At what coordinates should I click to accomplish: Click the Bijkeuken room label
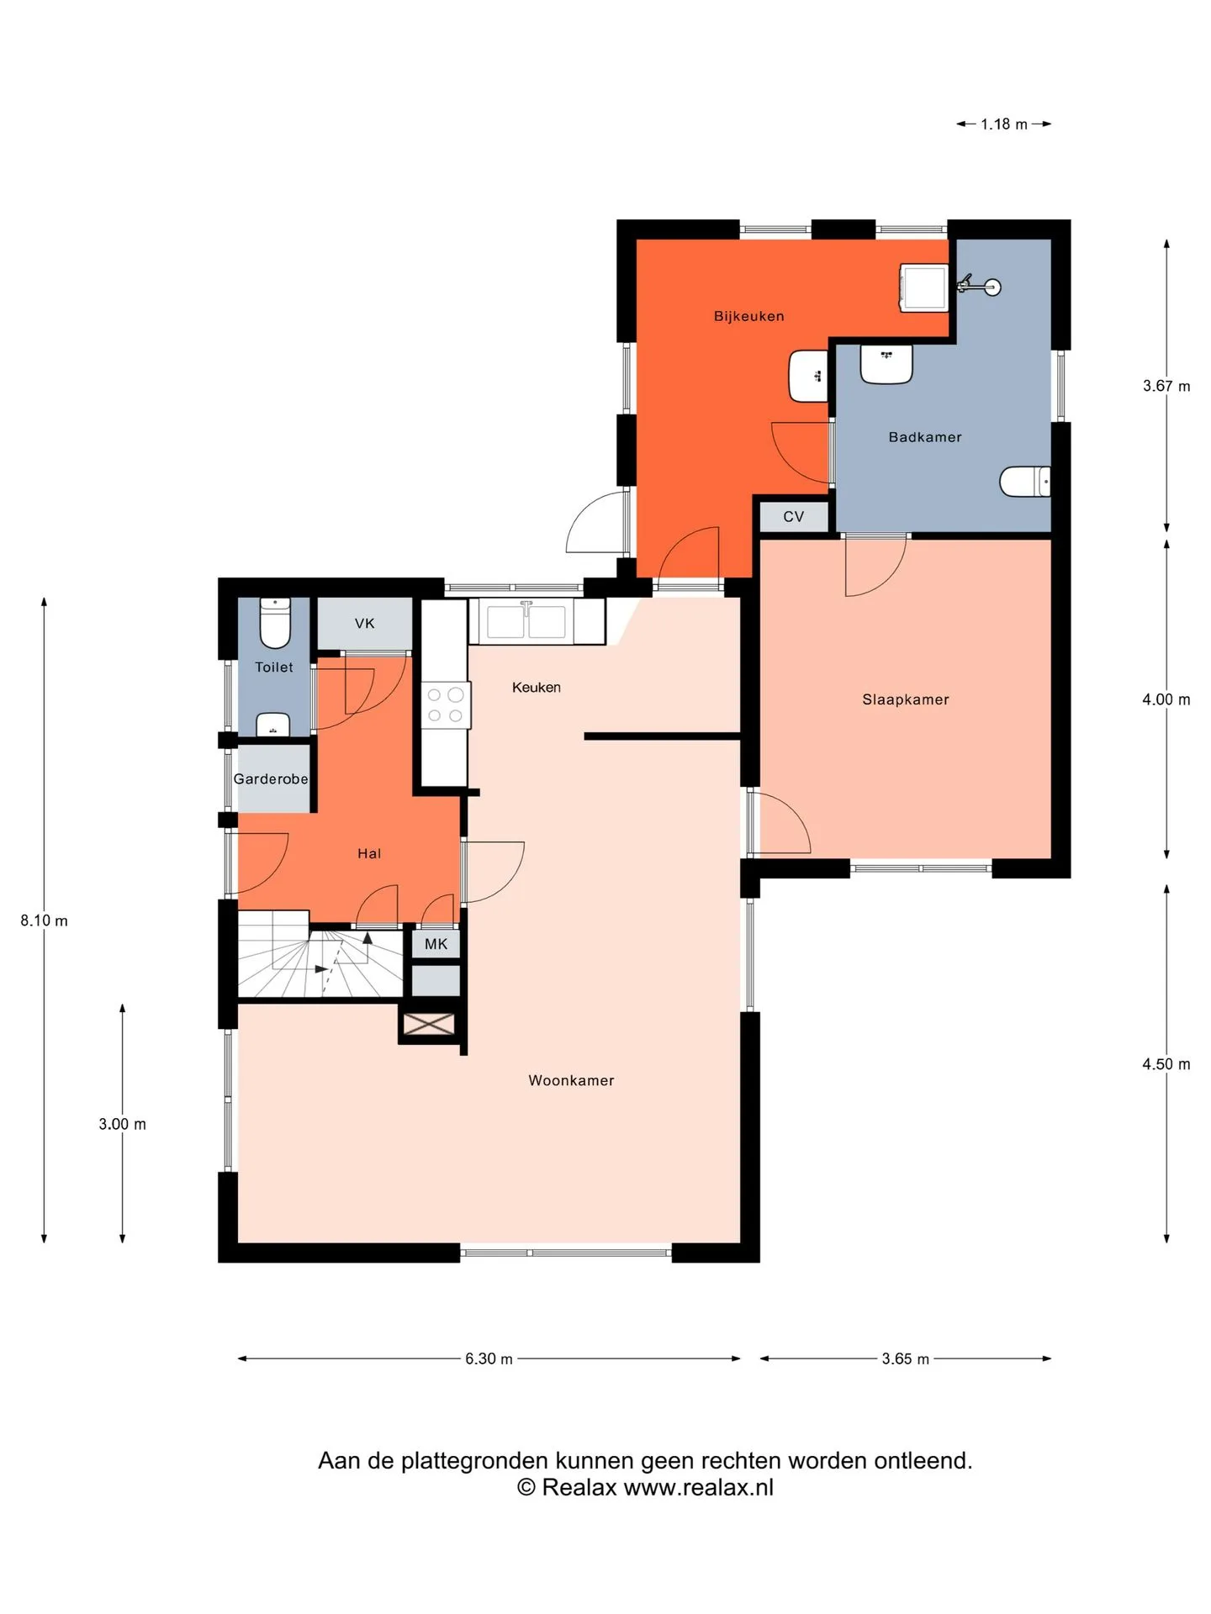pos(748,316)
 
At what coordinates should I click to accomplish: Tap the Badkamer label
pos(925,437)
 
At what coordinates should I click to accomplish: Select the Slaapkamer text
pos(906,699)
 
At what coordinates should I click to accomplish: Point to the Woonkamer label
pos(571,1080)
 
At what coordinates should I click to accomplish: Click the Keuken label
pos(537,688)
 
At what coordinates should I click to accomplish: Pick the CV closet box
pos(794,516)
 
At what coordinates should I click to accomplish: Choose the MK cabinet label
pos(436,944)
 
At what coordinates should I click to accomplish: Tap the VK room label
pos(364,624)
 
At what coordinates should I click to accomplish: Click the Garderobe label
pos(271,779)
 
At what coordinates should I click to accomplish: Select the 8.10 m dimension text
pos(45,920)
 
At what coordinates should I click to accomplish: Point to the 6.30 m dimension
pos(489,1359)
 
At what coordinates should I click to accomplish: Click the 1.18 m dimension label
pos(1004,124)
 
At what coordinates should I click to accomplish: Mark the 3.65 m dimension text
pos(906,1359)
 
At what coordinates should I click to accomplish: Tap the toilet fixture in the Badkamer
pos(1025,482)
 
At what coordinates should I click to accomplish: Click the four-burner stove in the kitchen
pos(445,704)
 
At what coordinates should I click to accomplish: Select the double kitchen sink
pos(526,620)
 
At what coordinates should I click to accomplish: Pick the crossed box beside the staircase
pos(429,1024)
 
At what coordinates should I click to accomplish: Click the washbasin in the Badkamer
pos(886,364)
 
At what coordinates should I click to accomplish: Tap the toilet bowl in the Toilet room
pos(275,623)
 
